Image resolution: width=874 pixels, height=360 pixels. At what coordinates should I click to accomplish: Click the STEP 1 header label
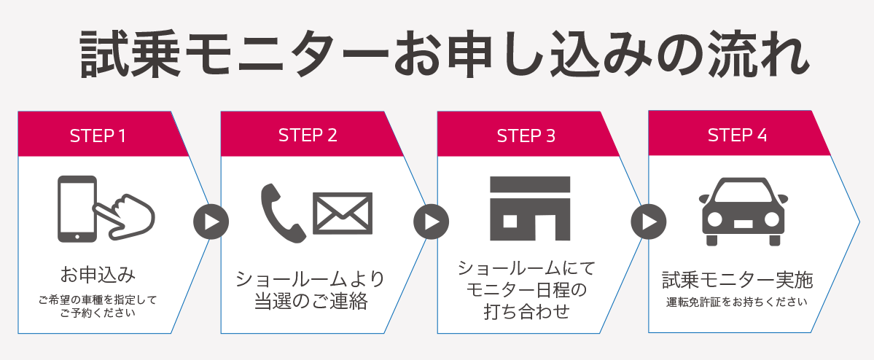tap(98, 136)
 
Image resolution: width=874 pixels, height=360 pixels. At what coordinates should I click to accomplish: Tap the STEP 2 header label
tap(308, 136)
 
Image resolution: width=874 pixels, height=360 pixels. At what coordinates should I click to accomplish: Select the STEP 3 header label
tap(526, 136)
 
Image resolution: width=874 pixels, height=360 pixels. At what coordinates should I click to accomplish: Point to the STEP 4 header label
tap(737, 135)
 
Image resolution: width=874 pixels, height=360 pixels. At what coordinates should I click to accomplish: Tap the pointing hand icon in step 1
tap(125, 216)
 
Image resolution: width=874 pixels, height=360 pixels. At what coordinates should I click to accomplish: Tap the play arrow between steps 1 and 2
tap(211, 222)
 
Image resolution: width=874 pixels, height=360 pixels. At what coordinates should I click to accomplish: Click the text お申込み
tap(98, 275)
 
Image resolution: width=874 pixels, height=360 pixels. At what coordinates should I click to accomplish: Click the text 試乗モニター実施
tap(737, 280)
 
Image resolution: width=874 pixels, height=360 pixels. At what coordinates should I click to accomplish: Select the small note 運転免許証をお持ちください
tap(737, 302)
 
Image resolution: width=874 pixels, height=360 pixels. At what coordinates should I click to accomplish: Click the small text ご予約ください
tap(98, 313)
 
